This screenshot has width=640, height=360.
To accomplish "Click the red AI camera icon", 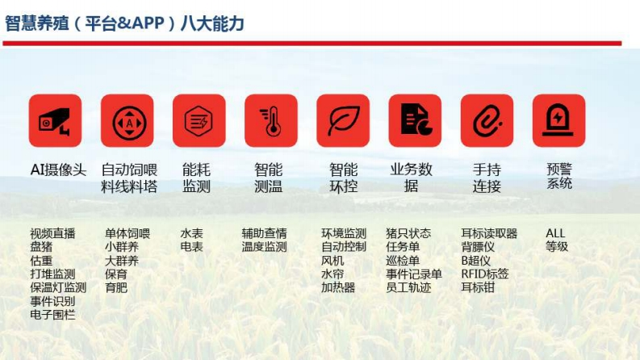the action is tap(55, 121).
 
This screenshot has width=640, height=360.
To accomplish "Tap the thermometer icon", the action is tap(271, 121).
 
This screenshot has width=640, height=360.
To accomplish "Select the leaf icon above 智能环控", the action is tap(343, 121).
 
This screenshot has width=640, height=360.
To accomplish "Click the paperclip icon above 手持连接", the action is tap(487, 121).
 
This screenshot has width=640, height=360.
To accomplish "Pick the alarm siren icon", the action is tap(558, 121).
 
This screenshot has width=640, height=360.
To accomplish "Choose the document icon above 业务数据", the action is tap(415, 121).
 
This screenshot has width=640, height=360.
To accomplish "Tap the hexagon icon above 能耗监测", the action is tap(199, 121).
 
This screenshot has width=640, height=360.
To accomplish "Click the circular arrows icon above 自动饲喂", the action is tap(128, 121).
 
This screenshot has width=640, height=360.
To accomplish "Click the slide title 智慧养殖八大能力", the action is tap(124, 23).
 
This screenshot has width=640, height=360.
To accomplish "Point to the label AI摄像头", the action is tap(58, 170).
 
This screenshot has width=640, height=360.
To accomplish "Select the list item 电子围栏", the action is tap(52, 315).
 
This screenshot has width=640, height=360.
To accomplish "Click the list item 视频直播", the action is tap(52, 233).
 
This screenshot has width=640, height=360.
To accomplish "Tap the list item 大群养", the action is tap(122, 261).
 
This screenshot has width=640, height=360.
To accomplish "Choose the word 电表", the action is tap(191, 246).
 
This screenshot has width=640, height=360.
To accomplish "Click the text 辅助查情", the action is tap(264, 233).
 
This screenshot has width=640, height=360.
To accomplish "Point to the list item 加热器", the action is tap(338, 287).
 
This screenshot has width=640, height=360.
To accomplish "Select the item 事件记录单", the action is tap(414, 274).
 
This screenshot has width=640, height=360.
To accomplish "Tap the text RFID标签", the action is tap(485, 274).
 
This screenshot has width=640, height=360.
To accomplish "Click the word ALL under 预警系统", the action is tap(555, 233).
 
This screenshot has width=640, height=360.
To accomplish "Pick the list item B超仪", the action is tap(475, 261).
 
